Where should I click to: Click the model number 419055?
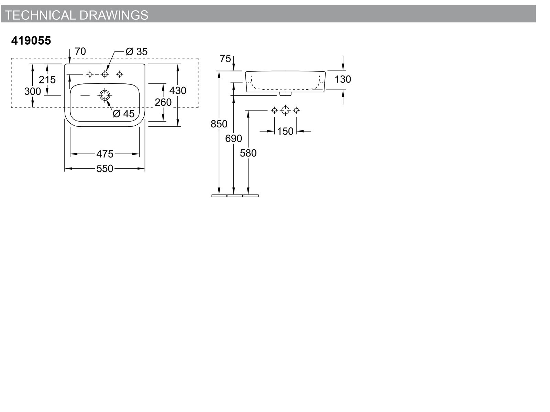pyautogui.click(x=31, y=41)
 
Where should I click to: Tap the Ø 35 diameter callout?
pyautogui.click(x=136, y=51)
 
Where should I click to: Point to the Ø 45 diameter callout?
pyautogui.click(x=124, y=114)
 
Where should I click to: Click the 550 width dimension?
pyautogui.click(x=105, y=169)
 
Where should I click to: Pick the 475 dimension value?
pyautogui.click(x=105, y=154)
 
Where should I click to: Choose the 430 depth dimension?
pyautogui.click(x=178, y=90)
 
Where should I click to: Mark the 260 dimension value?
pyautogui.click(x=163, y=102)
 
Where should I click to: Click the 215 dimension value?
pyautogui.click(x=47, y=80)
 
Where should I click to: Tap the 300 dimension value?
pyautogui.click(x=33, y=91)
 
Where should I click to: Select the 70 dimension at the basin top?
pyautogui.click(x=80, y=51)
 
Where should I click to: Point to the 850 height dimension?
pyautogui.click(x=219, y=124)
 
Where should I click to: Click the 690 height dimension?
pyautogui.click(x=233, y=138)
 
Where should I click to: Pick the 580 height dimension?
pyautogui.click(x=248, y=153)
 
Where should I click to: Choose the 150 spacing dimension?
pyautogui.click(x=285, y=131)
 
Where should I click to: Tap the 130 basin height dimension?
pyautogui.click(x=343, y=79)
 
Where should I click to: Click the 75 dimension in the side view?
pyautogui.click(x=225, y=58)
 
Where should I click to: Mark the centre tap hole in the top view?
pyautogui.click(x=105, y=74)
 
